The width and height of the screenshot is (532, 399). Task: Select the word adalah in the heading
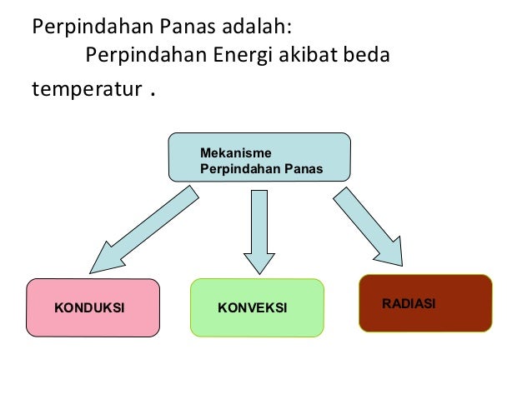tap(258, 26)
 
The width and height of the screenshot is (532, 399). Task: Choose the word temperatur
tap(84, 89)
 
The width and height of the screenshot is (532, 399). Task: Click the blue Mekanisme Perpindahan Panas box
tap(259, 157)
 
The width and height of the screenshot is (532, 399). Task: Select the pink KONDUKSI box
tap(93, 307)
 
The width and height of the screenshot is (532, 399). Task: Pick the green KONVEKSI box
tap(256, 307)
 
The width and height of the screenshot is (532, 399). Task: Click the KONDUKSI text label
tap(89, 308)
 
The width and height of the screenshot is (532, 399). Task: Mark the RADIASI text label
tap(409, 303)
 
